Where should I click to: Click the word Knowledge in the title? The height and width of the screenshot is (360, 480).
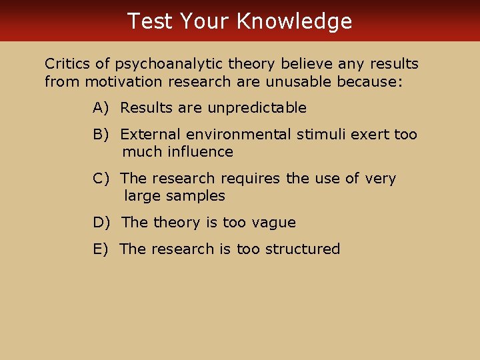[294, 21]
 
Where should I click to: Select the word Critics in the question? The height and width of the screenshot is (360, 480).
[67, 64]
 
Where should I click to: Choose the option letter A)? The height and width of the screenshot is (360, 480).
[102, 108]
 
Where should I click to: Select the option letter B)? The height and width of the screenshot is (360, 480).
[102, 135]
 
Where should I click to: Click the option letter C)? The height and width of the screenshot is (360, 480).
[102, 179]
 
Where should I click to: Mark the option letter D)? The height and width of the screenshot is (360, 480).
[103, 223]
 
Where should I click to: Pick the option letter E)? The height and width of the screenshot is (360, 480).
[102, 249]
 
